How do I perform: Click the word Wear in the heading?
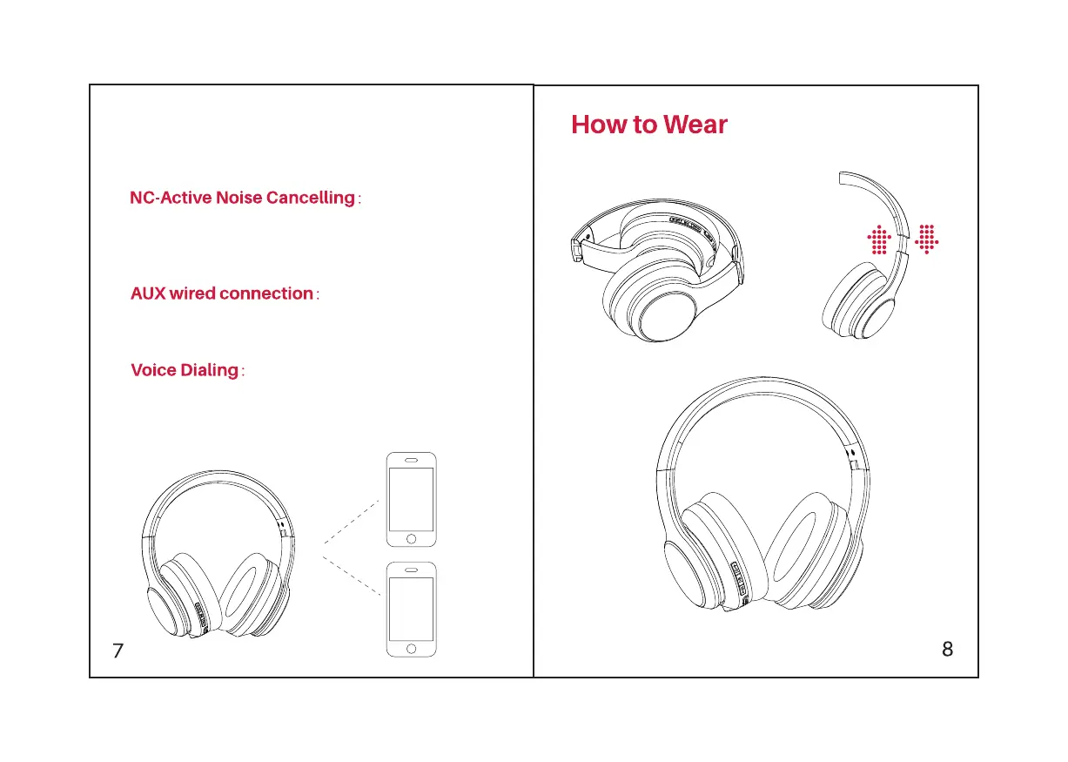pos(695,125)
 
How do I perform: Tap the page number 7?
pos(118,650)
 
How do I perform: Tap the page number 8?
pos(947,649)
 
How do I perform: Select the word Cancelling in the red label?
pos(311,198)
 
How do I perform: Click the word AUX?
pos(147,293)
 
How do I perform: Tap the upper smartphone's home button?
pos(411,538)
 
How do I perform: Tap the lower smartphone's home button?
pos(411,648)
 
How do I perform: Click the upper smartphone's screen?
pos(411,499)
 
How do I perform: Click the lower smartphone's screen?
pos(411,609)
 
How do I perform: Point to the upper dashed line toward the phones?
pos(352,522)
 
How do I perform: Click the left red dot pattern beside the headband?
pos(879,239)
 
